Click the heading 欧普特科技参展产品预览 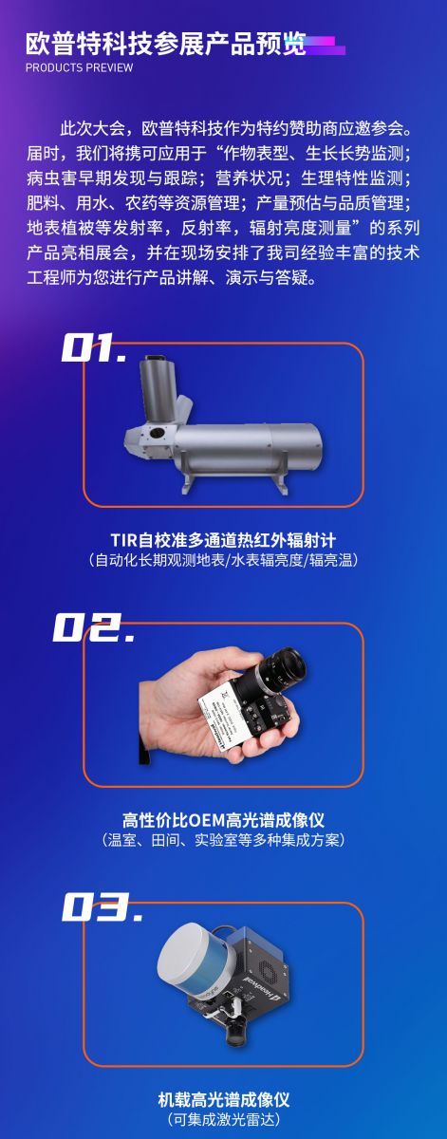pos(166,45)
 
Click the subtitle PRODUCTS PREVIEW pos(80,67)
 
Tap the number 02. pos(95,626)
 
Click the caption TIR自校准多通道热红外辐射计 pos(223,539)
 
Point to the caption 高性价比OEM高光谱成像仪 pos(223,820)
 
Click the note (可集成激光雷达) pos(224,1119)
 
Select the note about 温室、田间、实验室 pos(224,839)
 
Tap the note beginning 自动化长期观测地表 pos(224,559)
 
